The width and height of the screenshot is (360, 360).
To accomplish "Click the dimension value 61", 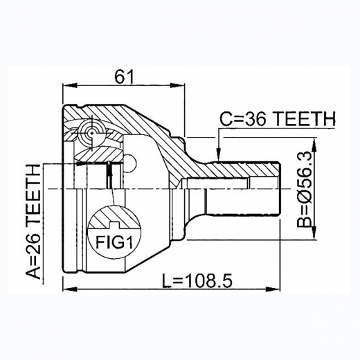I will click(x=124, y=77).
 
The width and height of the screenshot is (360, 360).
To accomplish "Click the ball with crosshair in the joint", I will click(x=89, y=132).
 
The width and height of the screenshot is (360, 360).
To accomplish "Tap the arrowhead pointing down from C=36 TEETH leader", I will click(x=218, y=154).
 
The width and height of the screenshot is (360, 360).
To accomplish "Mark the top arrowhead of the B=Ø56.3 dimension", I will click(x=314, y=143).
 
